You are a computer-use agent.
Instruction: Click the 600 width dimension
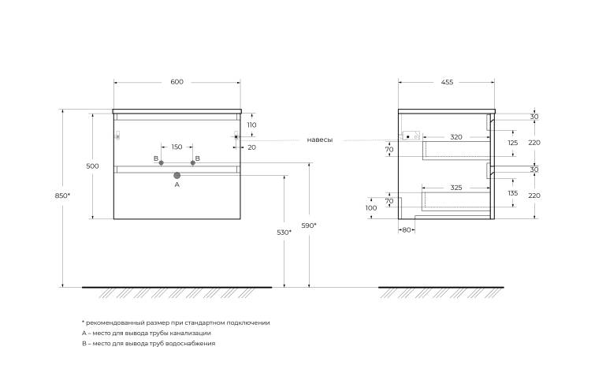coord(177,82)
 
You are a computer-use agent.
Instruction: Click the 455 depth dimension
coord(447,82)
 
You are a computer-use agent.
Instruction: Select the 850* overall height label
coord(62,196)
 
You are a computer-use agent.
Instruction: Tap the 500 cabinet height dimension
coord(92,166)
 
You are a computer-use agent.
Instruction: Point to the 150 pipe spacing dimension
coord(177,147)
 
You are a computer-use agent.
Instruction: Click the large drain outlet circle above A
coord(177,175)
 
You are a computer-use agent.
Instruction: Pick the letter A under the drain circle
coord(177,184)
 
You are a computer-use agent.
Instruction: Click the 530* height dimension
coord(284,233)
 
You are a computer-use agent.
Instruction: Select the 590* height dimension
coord(309,225)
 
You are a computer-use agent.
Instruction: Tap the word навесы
coord(320,140)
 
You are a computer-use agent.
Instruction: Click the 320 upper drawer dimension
coord(456,137)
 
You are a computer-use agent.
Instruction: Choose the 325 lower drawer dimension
coord(456,188)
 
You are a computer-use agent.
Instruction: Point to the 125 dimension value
coord(513,143)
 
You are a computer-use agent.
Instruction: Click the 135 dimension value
coord(513,193)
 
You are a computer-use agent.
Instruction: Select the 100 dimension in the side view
coord(371,207)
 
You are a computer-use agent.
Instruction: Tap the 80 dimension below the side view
coord(407,230)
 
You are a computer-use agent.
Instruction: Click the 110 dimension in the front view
coord(252,125)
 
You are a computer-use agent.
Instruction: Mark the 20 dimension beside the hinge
coord(252,147)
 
